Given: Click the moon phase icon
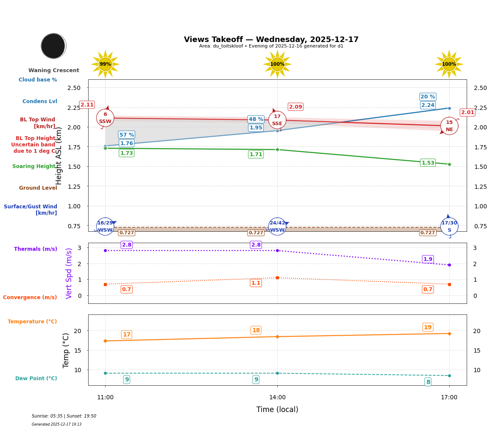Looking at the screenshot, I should point(53,46).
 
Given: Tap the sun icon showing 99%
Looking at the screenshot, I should point(105,64).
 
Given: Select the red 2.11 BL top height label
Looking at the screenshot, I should point(87,105).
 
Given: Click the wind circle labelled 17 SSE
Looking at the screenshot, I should point(277,120).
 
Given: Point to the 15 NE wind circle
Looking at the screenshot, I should point(449,126).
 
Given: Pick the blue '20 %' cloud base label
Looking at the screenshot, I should point(428,97).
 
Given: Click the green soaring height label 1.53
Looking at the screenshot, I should point(428,163).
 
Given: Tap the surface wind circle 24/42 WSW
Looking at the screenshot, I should point(277,227).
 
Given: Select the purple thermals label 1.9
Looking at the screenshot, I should point(428,259).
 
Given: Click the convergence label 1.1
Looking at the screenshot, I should point(256,283).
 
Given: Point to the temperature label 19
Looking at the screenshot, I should point(428,327).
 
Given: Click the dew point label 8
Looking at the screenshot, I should point(428,382).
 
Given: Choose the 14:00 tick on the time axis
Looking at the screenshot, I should point(277,398).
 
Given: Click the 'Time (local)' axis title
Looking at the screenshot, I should point(277,409).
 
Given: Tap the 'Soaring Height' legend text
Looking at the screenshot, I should point(34,166).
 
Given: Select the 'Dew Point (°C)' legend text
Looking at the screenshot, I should point(36,379).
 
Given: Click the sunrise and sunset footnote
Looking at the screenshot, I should point(64,416).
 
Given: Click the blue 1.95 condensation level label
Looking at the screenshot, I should point(256,128).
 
